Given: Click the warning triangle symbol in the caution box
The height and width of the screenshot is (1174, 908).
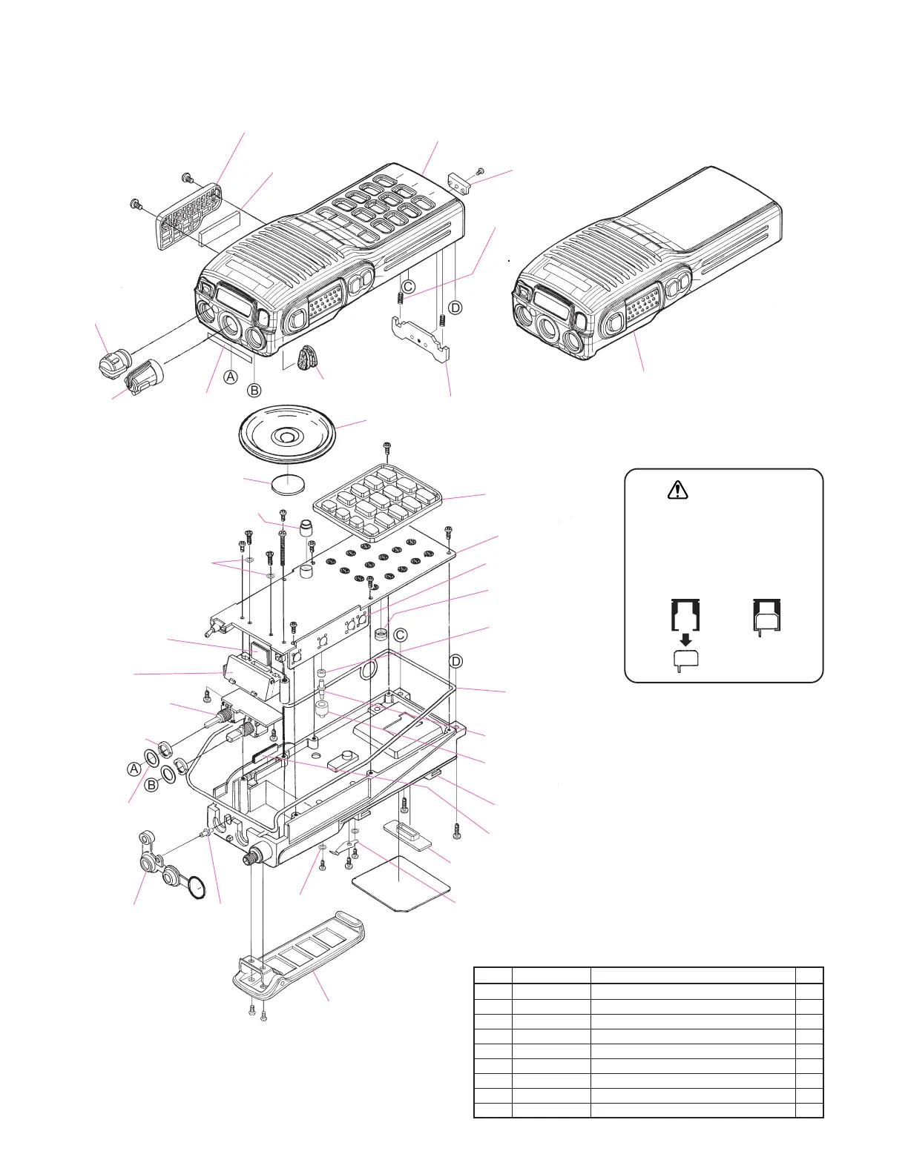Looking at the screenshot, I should click(x=678, y=490).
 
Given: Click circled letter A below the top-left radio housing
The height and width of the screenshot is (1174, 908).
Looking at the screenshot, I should click(x=231, y=377).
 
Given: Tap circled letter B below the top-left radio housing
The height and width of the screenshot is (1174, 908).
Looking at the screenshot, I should click(x=254, y=390).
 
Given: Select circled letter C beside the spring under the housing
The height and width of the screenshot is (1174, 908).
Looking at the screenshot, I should click(x=408, y=285).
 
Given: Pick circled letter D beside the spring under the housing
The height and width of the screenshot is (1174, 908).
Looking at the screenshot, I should click(x=455, y=307).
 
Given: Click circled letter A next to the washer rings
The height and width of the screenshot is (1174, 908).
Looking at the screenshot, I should click(x=134, y=769).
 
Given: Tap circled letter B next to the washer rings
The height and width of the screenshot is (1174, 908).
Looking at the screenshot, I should click(x=151, y=784).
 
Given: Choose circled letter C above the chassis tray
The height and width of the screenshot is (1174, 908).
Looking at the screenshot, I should click(x=400, y=635).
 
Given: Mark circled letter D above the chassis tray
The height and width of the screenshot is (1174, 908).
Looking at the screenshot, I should click(x=456, y=661).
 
